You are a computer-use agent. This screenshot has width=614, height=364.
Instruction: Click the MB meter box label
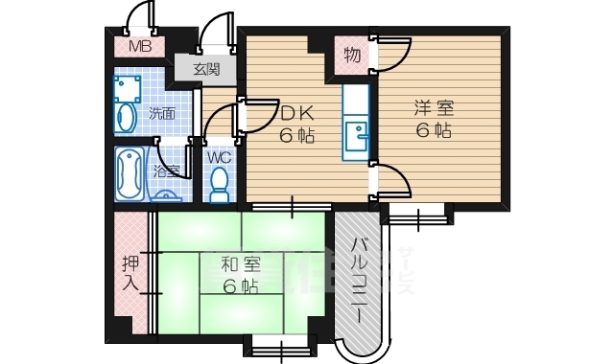point(140,46)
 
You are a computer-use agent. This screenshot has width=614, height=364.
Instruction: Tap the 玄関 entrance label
point(206,69)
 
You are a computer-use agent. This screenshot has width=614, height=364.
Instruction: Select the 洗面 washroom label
point(162,114)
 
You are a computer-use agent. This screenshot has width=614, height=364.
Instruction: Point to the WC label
point(219,156)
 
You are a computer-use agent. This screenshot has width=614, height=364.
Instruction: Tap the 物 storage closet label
point(352,56)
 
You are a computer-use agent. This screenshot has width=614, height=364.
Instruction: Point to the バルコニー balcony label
point(360,281)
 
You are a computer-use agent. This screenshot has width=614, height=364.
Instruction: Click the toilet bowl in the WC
point(220,182)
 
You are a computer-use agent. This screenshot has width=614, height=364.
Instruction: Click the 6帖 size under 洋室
point(435,133)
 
